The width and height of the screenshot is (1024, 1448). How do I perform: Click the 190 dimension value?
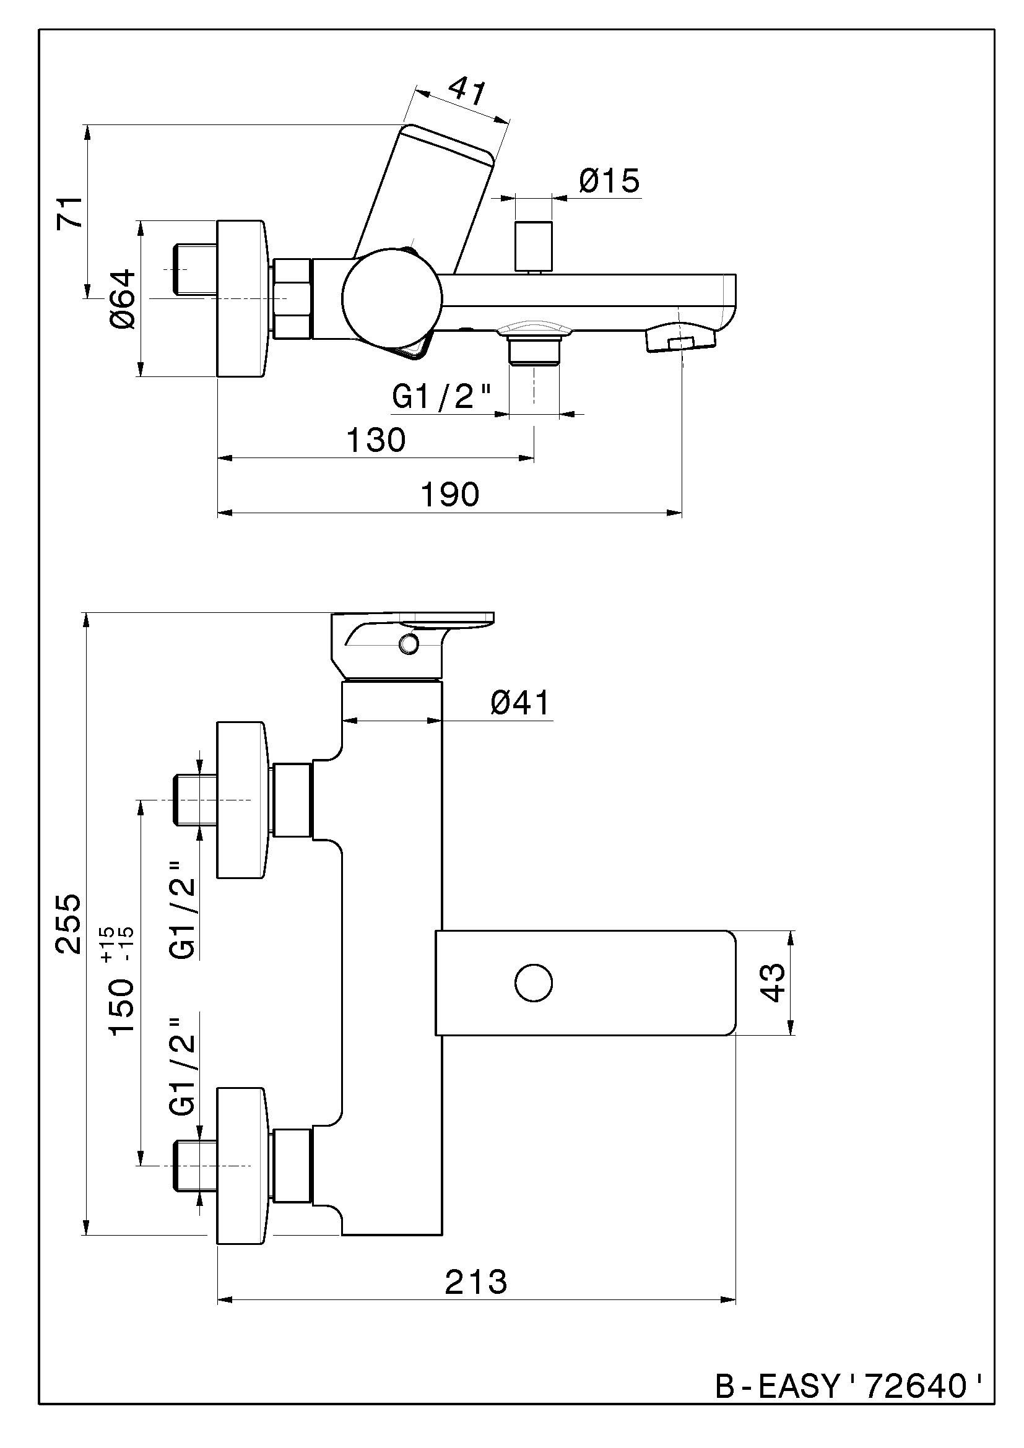coord(449,495)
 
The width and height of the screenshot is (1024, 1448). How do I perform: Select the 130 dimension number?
coord(376,440)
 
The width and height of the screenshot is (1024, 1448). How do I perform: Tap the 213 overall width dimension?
coord(476,1282)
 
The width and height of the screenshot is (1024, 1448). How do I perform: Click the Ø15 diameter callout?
coord(609,181)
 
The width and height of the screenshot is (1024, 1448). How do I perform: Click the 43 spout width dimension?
coord(774,982)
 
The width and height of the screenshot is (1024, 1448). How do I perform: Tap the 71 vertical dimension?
coord(70,212)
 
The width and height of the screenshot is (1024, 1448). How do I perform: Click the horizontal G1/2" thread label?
coord(441,397)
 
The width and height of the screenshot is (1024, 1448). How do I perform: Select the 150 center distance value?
coord(122,1007)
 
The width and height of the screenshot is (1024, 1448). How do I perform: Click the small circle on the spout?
coord(534,982)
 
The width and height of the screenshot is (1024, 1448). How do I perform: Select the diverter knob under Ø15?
coord(534,245)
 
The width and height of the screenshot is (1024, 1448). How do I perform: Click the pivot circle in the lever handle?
coord(409,644)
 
